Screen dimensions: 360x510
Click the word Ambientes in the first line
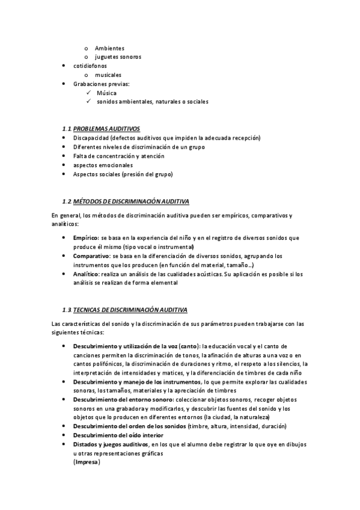coord(110,48)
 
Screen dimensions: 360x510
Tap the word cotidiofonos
coord(90,66)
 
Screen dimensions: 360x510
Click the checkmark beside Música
coord(88,93)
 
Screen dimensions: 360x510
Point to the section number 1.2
coord(67,200)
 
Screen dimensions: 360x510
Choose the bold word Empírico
coord(87,238)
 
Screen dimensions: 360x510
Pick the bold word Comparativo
coord(92,256)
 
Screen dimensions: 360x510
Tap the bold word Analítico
coord(87,274)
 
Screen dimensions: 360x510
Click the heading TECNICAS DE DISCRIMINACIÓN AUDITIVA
coord(130,310)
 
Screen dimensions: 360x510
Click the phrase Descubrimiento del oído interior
coord(118,435)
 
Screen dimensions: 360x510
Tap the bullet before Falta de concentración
coord(65,156)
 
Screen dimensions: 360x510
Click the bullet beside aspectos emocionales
coord(65,165)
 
